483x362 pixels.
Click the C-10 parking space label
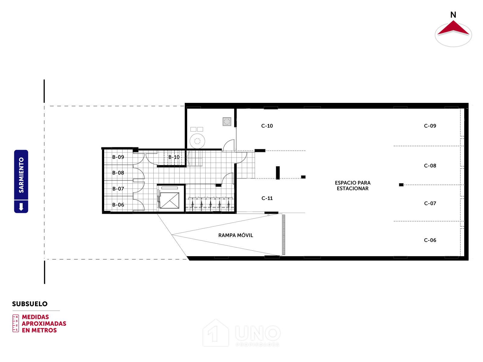tap(267, 126)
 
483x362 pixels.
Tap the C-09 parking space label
tap(430, 126)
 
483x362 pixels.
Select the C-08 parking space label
tap(430, 166)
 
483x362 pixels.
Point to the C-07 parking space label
tap(430, 204)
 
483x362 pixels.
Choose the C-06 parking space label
tap(430, 240)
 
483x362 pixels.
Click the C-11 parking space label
tap(267, 198)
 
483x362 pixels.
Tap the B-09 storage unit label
tap(118, 157)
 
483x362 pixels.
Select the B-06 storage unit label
tap(118, 205)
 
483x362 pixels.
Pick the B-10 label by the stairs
tap(174, 157)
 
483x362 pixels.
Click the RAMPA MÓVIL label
tap(235, 235)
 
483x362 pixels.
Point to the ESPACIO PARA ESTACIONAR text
tap(353, 186)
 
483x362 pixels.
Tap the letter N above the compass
tap(453, 15)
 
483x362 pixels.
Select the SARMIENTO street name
tap(21, 175)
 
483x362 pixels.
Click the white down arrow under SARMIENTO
tap(21, 207)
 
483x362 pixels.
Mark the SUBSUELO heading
tap(30, 304)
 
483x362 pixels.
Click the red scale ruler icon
tap(16, 323)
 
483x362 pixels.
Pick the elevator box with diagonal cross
tap(169, 200)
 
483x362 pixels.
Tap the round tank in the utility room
tap(197, 141)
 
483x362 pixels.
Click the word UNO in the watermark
tap(258, 333)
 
